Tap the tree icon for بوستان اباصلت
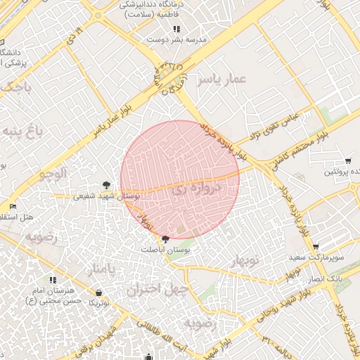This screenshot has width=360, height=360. (x=165, y=240)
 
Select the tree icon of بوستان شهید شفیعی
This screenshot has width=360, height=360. (x=106, y=185)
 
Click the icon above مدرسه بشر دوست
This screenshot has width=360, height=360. (x=176, y=30)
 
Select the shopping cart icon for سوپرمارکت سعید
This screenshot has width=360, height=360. (x=316, y=247)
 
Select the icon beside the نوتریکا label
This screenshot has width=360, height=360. (x=98, y=292)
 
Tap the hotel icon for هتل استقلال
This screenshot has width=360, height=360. (x=13, y=207)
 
